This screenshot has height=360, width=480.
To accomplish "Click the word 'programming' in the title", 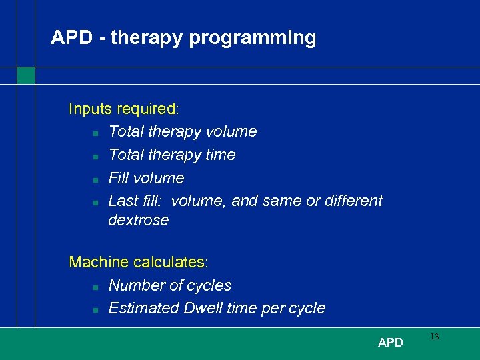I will [253, 38].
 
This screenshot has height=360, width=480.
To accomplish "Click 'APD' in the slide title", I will [71, 37].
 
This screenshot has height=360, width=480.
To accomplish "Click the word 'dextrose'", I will [139, 220].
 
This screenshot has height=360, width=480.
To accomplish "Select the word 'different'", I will [353, 201].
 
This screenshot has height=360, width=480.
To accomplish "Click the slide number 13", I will [435, 337].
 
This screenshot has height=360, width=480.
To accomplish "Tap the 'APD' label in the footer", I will [391, 343].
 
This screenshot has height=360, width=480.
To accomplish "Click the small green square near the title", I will [25, 75].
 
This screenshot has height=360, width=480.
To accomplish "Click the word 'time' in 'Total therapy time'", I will [221, 155].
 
